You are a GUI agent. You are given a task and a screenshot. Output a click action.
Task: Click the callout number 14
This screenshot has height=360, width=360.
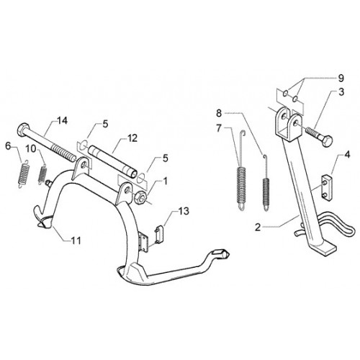(62, 121)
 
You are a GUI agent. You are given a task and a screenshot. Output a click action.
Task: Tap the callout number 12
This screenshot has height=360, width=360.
(132, 138)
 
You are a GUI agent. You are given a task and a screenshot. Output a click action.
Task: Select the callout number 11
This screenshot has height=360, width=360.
(76, 240)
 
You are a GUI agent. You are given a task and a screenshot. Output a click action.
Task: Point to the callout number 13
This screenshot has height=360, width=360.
(184, 211)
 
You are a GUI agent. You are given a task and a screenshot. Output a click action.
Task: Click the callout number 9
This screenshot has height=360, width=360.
(341, 78)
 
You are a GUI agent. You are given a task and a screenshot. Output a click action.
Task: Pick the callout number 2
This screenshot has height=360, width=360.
(258, 227)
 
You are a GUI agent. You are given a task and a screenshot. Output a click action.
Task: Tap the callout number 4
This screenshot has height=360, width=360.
(347, 155)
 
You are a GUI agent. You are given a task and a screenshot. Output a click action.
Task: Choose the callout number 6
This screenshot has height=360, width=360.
(8, 145)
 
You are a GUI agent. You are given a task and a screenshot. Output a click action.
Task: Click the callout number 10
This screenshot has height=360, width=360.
(31, 149)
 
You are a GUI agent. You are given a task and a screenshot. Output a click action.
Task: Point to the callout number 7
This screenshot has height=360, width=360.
(218, 129)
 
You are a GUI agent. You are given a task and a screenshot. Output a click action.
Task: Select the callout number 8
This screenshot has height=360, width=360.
(219, 113)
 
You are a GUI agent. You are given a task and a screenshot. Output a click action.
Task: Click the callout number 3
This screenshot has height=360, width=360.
(341, 92)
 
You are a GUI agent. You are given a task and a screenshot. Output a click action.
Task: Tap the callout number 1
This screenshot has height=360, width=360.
(165, 181)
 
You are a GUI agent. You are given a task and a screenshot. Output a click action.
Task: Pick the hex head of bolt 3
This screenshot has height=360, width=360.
(326, 140)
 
